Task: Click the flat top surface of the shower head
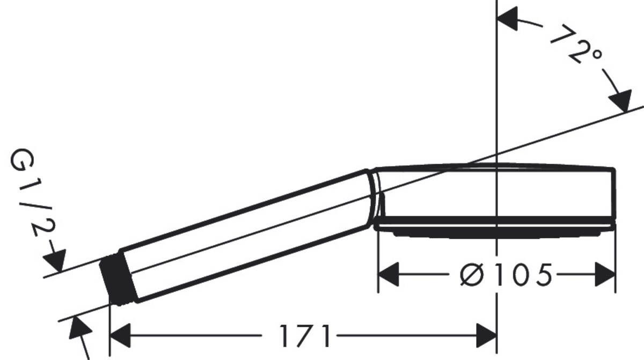pos(494,167)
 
